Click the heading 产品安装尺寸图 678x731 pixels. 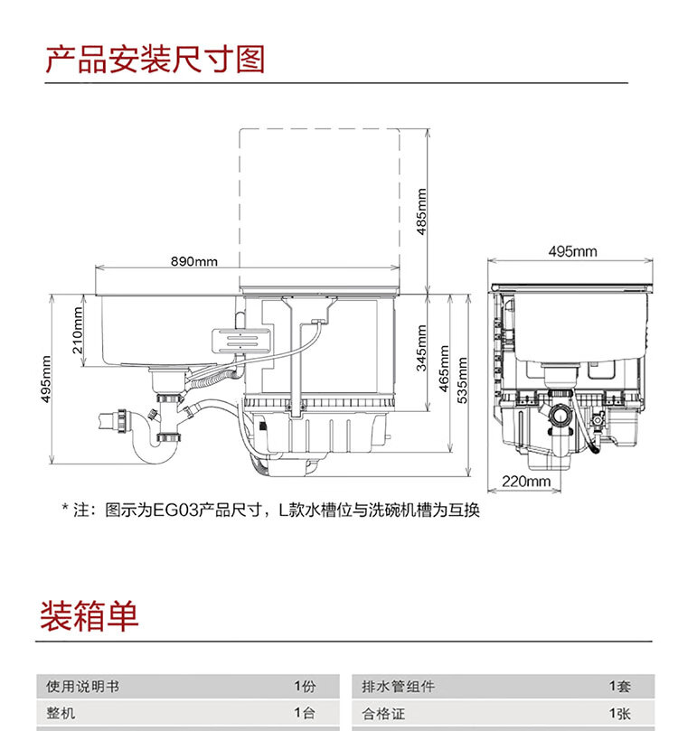pos(155,59)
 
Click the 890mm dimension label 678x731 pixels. pos(194,262)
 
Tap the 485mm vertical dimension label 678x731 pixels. pos(422,211)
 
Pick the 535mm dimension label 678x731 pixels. pos(463,380)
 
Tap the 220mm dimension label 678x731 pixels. pos(526,482)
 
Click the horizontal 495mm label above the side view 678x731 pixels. pos(572,251)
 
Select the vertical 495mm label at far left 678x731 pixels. pos(46,380)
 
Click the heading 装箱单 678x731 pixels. pos(89,616)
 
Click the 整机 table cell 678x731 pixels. pos(61,714)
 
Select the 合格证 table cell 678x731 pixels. pos(385,714)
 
